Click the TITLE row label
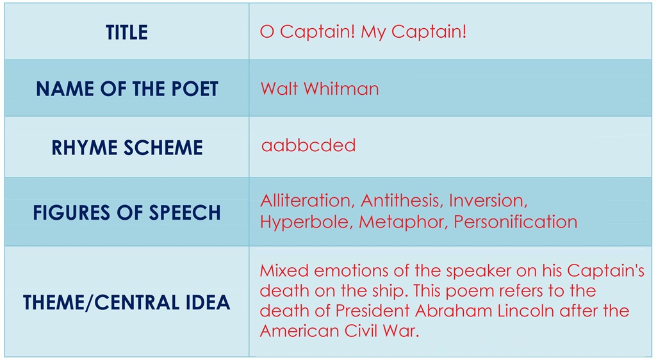click(x=127, y=33)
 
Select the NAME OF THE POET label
click(x=127, y=89)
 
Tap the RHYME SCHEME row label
click(x=127, y=148)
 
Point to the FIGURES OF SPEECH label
click(x=127, y=213)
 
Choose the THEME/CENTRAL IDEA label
click(x=127, y=302)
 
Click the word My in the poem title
click(x=373, y=32)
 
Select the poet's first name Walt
click(x=279, y=88)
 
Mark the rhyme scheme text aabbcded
click(x=308, y=145)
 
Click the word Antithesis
click(x=401, y=200)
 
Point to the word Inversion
click(x=488, y=200)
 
